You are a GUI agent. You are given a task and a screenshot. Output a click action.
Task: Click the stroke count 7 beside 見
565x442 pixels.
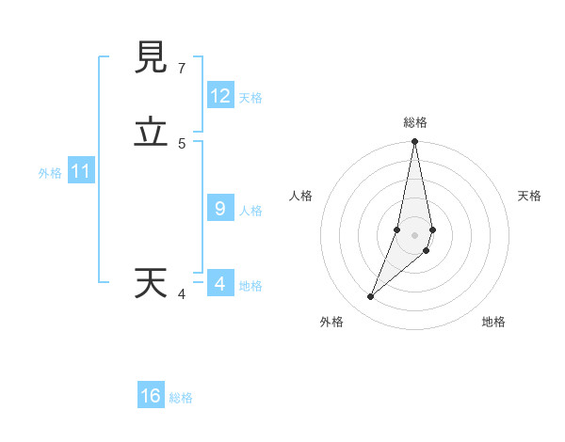click(182, 69)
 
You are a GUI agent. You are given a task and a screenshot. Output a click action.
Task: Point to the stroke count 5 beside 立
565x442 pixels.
click(182, 144)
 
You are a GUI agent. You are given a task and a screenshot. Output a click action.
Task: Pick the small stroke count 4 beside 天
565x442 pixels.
click(182, 294)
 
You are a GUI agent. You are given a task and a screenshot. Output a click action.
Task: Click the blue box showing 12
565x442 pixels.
click(220, 96)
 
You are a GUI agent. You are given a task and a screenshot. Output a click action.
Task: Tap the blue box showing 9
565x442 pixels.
click(220, 209)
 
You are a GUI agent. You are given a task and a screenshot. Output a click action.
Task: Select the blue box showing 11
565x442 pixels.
click(81, 172)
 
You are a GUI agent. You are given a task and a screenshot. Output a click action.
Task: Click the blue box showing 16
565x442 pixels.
click(151, 396)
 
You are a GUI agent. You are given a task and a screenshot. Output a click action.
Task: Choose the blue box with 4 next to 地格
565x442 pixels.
click(220, 284)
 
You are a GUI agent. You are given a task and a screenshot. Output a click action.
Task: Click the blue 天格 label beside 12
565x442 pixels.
click(250, 98)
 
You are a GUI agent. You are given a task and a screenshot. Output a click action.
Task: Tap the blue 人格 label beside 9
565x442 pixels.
click(250, 211)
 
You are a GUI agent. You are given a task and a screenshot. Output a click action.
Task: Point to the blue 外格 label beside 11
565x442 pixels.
click(50, 173)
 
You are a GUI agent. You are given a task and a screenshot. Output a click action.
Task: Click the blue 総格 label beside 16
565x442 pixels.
click(181, 398)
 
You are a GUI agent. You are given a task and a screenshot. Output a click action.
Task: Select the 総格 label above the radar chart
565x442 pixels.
click(415, 122)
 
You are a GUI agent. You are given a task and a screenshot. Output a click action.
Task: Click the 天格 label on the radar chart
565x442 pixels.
click(529, 196)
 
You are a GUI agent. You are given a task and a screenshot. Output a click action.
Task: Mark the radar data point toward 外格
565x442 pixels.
click(371, 297)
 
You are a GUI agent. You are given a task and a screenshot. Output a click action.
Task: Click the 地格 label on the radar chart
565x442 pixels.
click(493, 322)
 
